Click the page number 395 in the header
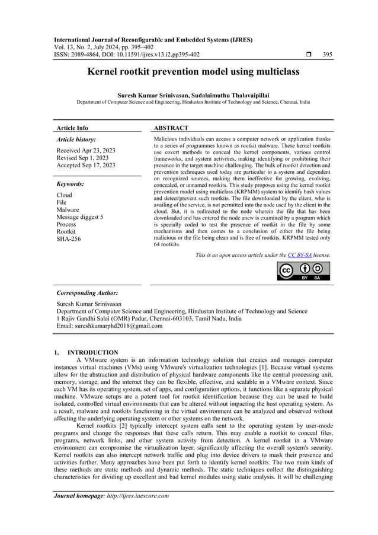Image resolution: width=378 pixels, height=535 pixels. point(327,55)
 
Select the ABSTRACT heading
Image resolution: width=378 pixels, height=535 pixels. point(171,128)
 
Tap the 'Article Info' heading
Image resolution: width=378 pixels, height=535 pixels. point(72,128)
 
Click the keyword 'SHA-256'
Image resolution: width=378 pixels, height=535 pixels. point(69,240)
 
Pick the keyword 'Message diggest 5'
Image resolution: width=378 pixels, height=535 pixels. point(79,217)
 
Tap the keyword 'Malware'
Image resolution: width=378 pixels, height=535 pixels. point(68,210)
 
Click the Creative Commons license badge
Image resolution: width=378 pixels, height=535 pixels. point(303,270)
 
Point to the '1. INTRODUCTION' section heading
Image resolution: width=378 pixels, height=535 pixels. point(87,353)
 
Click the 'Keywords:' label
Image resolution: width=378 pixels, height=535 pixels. point(70,184)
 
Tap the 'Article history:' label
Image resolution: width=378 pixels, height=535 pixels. point(76,139)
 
